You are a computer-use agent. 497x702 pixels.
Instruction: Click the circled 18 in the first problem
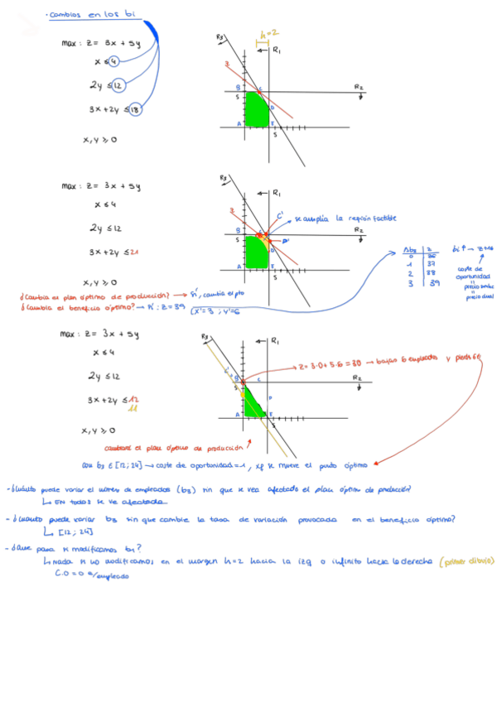point(135,109)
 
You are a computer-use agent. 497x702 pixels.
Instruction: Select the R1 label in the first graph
point(277,50)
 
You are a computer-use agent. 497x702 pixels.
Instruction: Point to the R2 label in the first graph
point(359,86)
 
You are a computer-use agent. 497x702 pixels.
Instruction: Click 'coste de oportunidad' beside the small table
point(473,272)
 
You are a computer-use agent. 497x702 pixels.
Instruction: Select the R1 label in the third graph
point(277,340)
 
